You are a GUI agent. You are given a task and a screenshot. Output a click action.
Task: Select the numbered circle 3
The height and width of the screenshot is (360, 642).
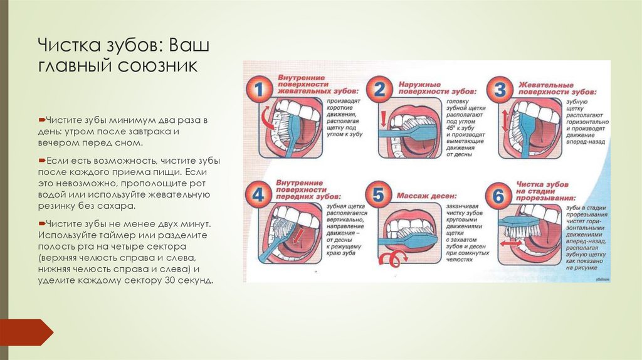500,90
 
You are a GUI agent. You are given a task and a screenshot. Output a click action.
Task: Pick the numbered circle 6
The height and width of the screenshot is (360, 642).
499,196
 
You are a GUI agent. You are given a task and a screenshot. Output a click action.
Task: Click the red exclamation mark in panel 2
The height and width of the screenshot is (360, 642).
382,119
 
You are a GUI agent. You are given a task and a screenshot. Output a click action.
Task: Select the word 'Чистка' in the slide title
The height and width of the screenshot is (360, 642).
67,46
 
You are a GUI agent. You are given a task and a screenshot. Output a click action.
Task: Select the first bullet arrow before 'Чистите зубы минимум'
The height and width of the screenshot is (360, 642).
41,119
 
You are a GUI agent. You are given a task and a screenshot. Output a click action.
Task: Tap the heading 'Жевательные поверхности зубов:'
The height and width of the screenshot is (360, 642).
554,88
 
